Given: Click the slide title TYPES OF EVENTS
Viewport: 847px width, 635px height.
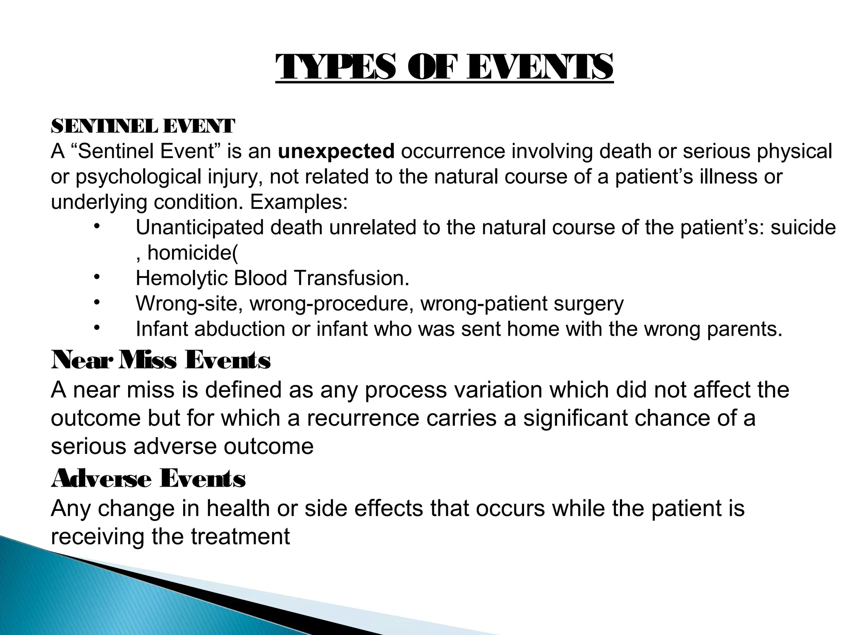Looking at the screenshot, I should [444, 68].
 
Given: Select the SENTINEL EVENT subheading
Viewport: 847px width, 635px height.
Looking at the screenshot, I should [143, 126].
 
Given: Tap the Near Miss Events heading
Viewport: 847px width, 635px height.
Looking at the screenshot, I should [161, 360].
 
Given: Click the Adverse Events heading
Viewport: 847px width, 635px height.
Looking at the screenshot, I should [148, 479].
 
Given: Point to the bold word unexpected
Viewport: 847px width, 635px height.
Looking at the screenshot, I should [336, 152].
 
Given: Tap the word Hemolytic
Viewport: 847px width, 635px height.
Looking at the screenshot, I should [182, 278].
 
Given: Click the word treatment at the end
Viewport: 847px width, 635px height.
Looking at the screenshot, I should [240, 537].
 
